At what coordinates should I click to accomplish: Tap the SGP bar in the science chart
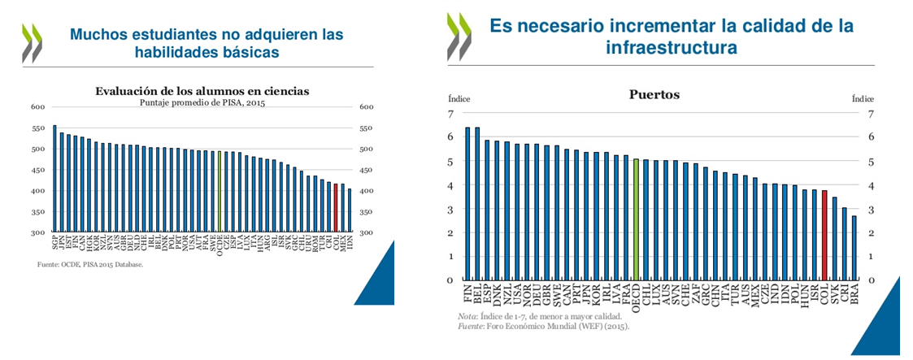click(x=54, y=178)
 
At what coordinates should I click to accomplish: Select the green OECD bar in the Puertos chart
click(x=636, y=219)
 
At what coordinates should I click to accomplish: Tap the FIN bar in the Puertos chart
click(x=467, y=203)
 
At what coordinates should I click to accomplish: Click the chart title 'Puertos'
click(x=654, y=95)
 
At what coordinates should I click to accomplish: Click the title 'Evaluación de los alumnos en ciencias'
click(x=202, y=91)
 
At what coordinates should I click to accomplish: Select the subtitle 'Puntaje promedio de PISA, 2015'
click(x=202, y=102)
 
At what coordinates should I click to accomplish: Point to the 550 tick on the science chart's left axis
click(x=38, y=128)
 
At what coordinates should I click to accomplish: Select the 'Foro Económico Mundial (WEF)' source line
click(x=543, y=326)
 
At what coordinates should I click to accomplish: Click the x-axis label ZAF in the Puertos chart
click(x=696, y=295)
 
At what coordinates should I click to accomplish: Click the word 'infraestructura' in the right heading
click(x=672, y=48)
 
